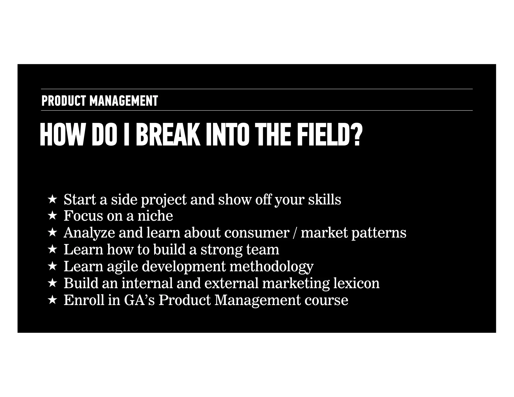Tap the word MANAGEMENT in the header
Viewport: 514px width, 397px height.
pyautogui.click(x=124, y=101)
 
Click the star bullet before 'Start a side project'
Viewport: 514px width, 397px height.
pyautogui.click(x=52, y=200)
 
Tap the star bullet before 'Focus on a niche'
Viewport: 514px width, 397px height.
pyautogui.click(x=52, y=216)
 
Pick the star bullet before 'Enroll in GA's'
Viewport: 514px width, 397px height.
pyautogui.click(x=52, y=300)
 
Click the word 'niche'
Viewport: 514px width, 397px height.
pyautogui.click(x=155, y=216)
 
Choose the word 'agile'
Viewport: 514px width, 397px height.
pyautogui.click(x=122, y=267)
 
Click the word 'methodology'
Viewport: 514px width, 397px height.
pyautogui.click(x=272, y=267)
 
